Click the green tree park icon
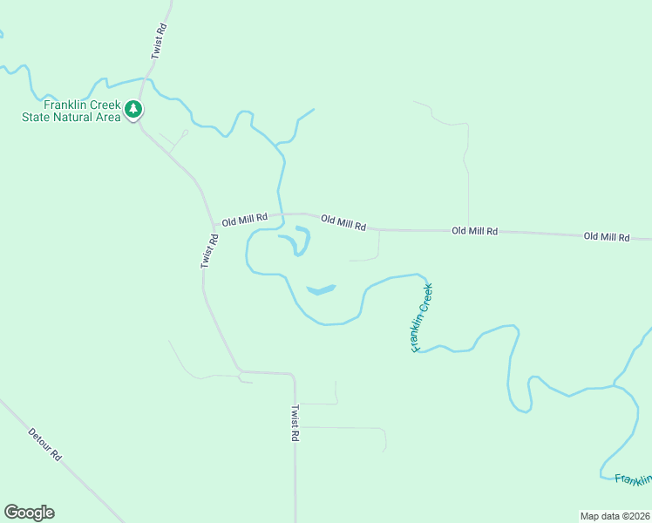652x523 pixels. click(133, 109)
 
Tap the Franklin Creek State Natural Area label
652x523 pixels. click(71, 110)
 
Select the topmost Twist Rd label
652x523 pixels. click(158, 41)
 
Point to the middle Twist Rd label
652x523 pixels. click(209, 250)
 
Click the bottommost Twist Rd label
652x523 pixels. click(295, 423)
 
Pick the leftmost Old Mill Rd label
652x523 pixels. click(244, 221)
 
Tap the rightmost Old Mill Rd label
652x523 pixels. click(606, 236)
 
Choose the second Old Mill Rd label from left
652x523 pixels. click(343, 223)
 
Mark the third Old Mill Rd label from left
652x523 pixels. click(474, 231)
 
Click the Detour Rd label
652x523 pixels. click(45, 444)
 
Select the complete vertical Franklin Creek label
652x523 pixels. click(422, 316)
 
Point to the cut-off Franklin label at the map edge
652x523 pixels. click(633, 479)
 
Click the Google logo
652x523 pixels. click(29, 513)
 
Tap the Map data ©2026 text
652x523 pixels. click(615, 515)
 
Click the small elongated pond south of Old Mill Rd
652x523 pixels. click(320, 289)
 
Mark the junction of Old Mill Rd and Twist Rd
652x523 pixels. click(214, 224)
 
